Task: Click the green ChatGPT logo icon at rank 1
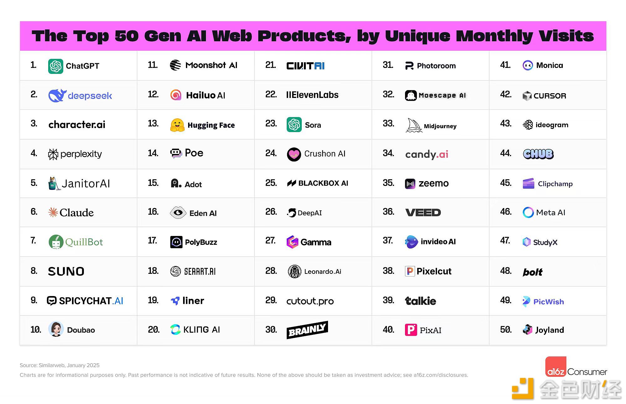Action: point(56,66)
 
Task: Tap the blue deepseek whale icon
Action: point(57,95)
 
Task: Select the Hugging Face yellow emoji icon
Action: point(177,125)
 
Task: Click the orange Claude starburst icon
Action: point(53,212)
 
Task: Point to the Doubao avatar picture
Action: point(56,329)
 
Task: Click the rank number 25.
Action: point(271,183)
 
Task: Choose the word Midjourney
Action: point(440,126)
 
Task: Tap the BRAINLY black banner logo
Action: point(307,330)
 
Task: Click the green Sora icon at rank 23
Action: point(294,125)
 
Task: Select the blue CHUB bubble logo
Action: point(538,154)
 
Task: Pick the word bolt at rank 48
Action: point(532,272)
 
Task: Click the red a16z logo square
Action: point(556,366)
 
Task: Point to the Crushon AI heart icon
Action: point(294,154)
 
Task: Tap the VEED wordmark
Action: point(423,212)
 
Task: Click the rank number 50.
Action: point(505,330)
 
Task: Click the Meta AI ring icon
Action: point(528,212)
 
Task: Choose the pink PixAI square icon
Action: point(411,330)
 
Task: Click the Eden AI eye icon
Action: point(178,213)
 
